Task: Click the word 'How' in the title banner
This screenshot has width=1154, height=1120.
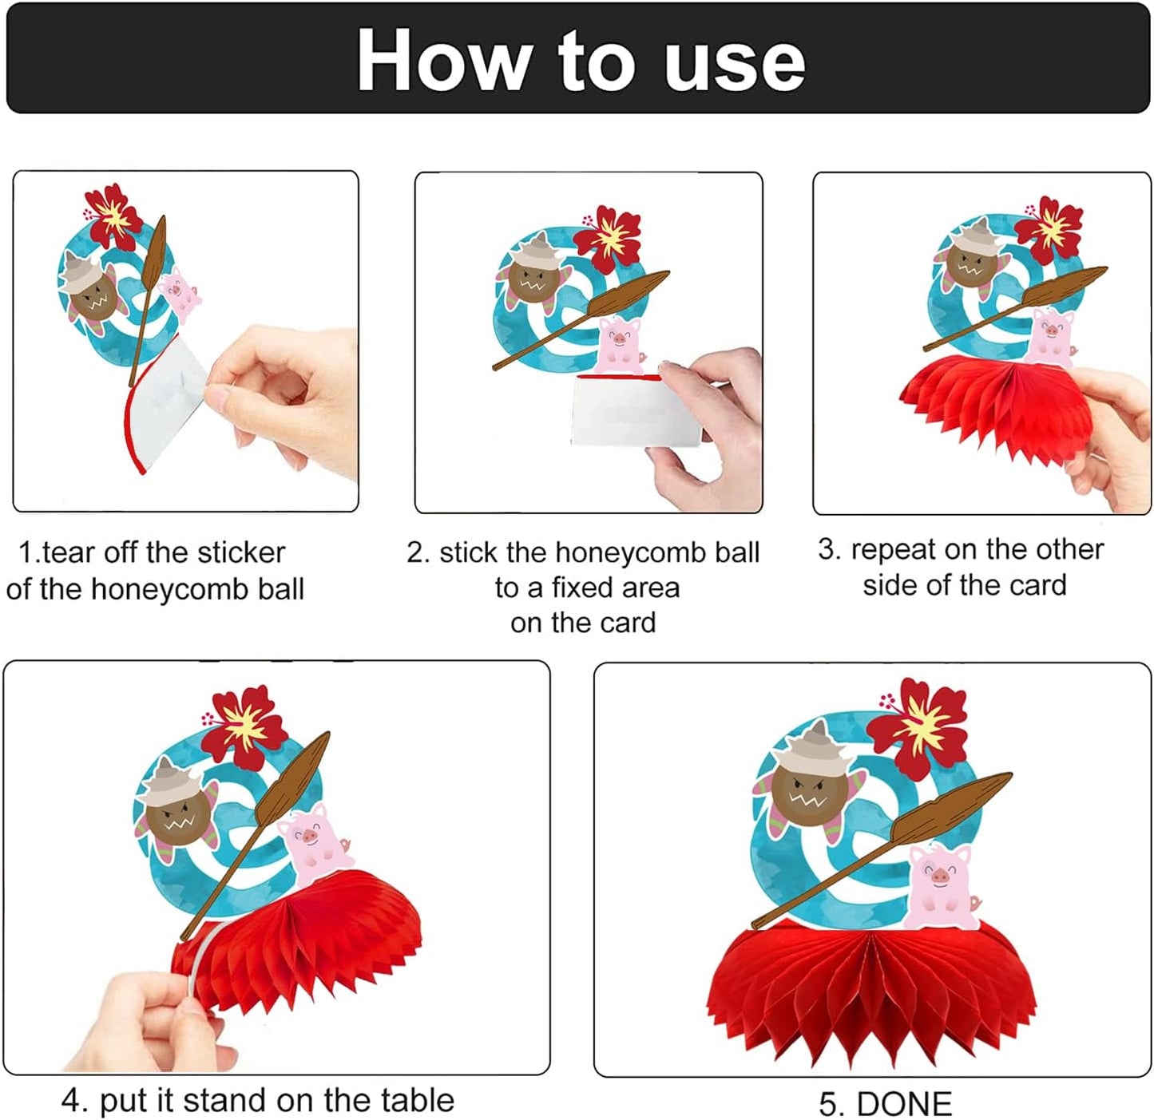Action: tap(444, 61)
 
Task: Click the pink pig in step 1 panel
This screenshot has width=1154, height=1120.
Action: tap(180, 293)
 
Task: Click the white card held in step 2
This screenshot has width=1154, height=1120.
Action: tap(634, 410)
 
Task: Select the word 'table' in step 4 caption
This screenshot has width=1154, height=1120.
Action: tap(417, 1101)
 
